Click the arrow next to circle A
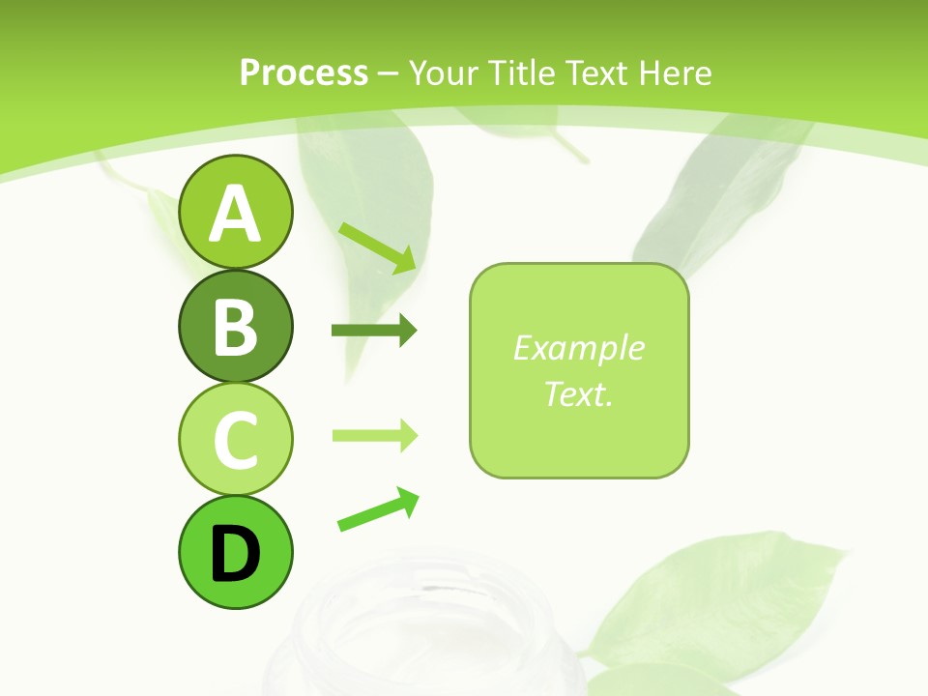pos(377,246)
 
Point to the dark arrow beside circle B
pos(373,331)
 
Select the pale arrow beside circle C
pos(374,435)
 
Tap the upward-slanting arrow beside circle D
pos(378,509)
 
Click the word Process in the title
pos(304,72)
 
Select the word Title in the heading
pos(520,72)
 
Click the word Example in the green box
pos(578,348)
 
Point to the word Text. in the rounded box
pos(578,393)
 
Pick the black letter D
pos(235,553)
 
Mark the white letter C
pos(235,440)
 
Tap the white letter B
pos(235,327)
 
